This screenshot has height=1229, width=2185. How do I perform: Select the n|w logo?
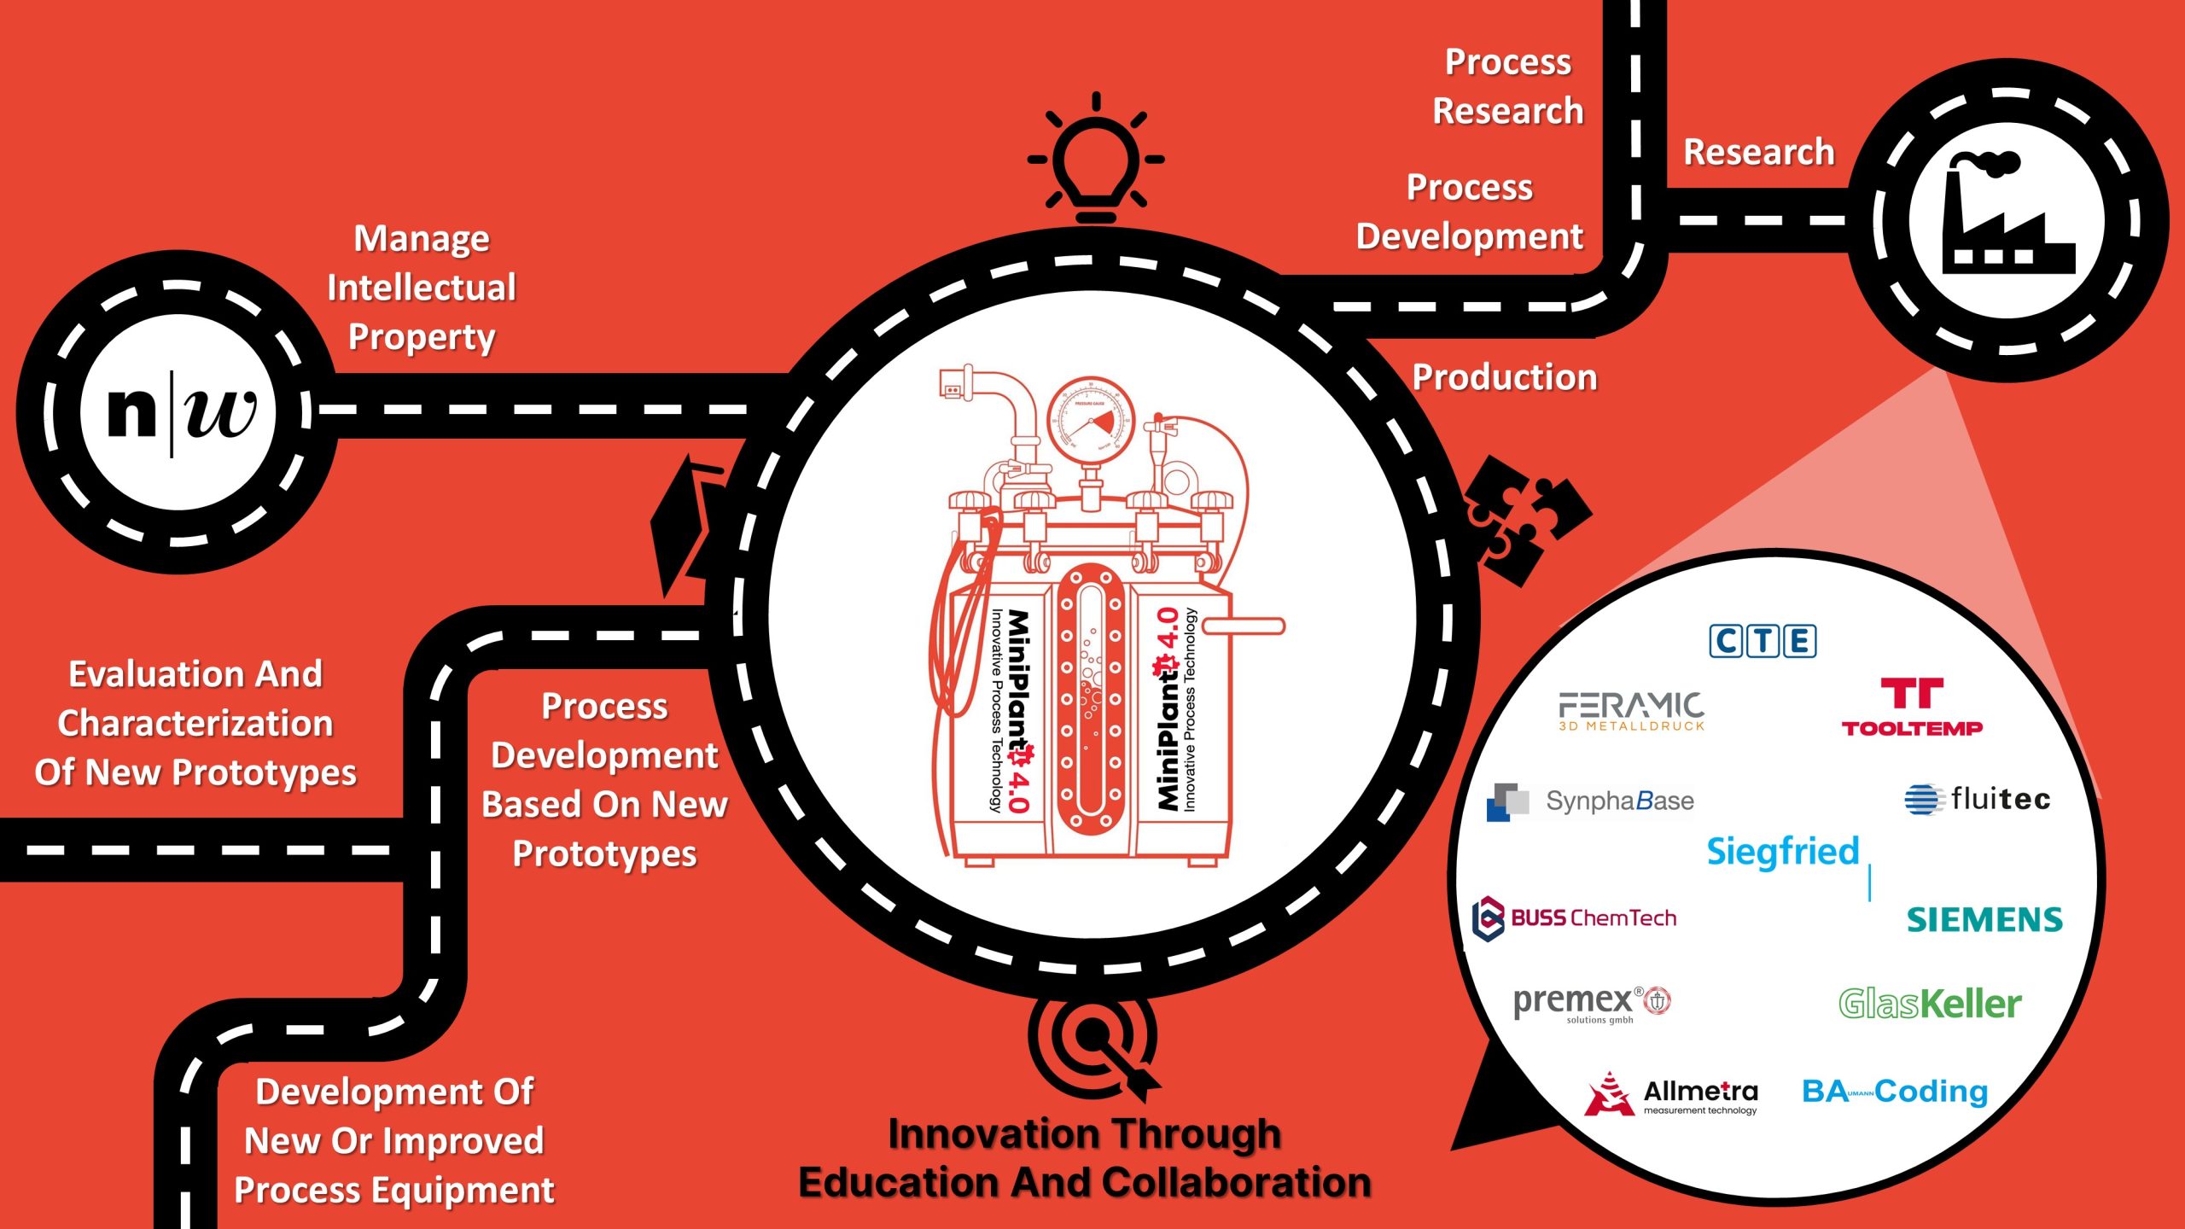[x=179, y=411]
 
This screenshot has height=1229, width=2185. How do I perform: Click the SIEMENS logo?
[x=1984, y=920]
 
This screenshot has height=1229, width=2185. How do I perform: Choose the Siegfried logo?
[x=1783, y=852]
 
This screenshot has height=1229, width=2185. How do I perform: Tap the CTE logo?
[x=1763, y=641]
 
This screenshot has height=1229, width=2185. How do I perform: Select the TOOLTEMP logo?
[x=1912, y=708]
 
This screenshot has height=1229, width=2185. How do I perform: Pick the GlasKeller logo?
[x=1930, y=1004]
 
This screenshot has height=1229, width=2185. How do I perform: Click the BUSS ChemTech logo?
[x=1575, y=918]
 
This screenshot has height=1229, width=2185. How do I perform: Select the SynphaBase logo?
[x=1590, y=801]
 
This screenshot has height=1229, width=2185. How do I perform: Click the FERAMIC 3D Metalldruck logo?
[x=1631, y=711]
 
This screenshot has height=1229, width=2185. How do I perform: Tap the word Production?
[x=1505, y=377]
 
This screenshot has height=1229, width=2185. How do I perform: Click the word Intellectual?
[x=422, y=288]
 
